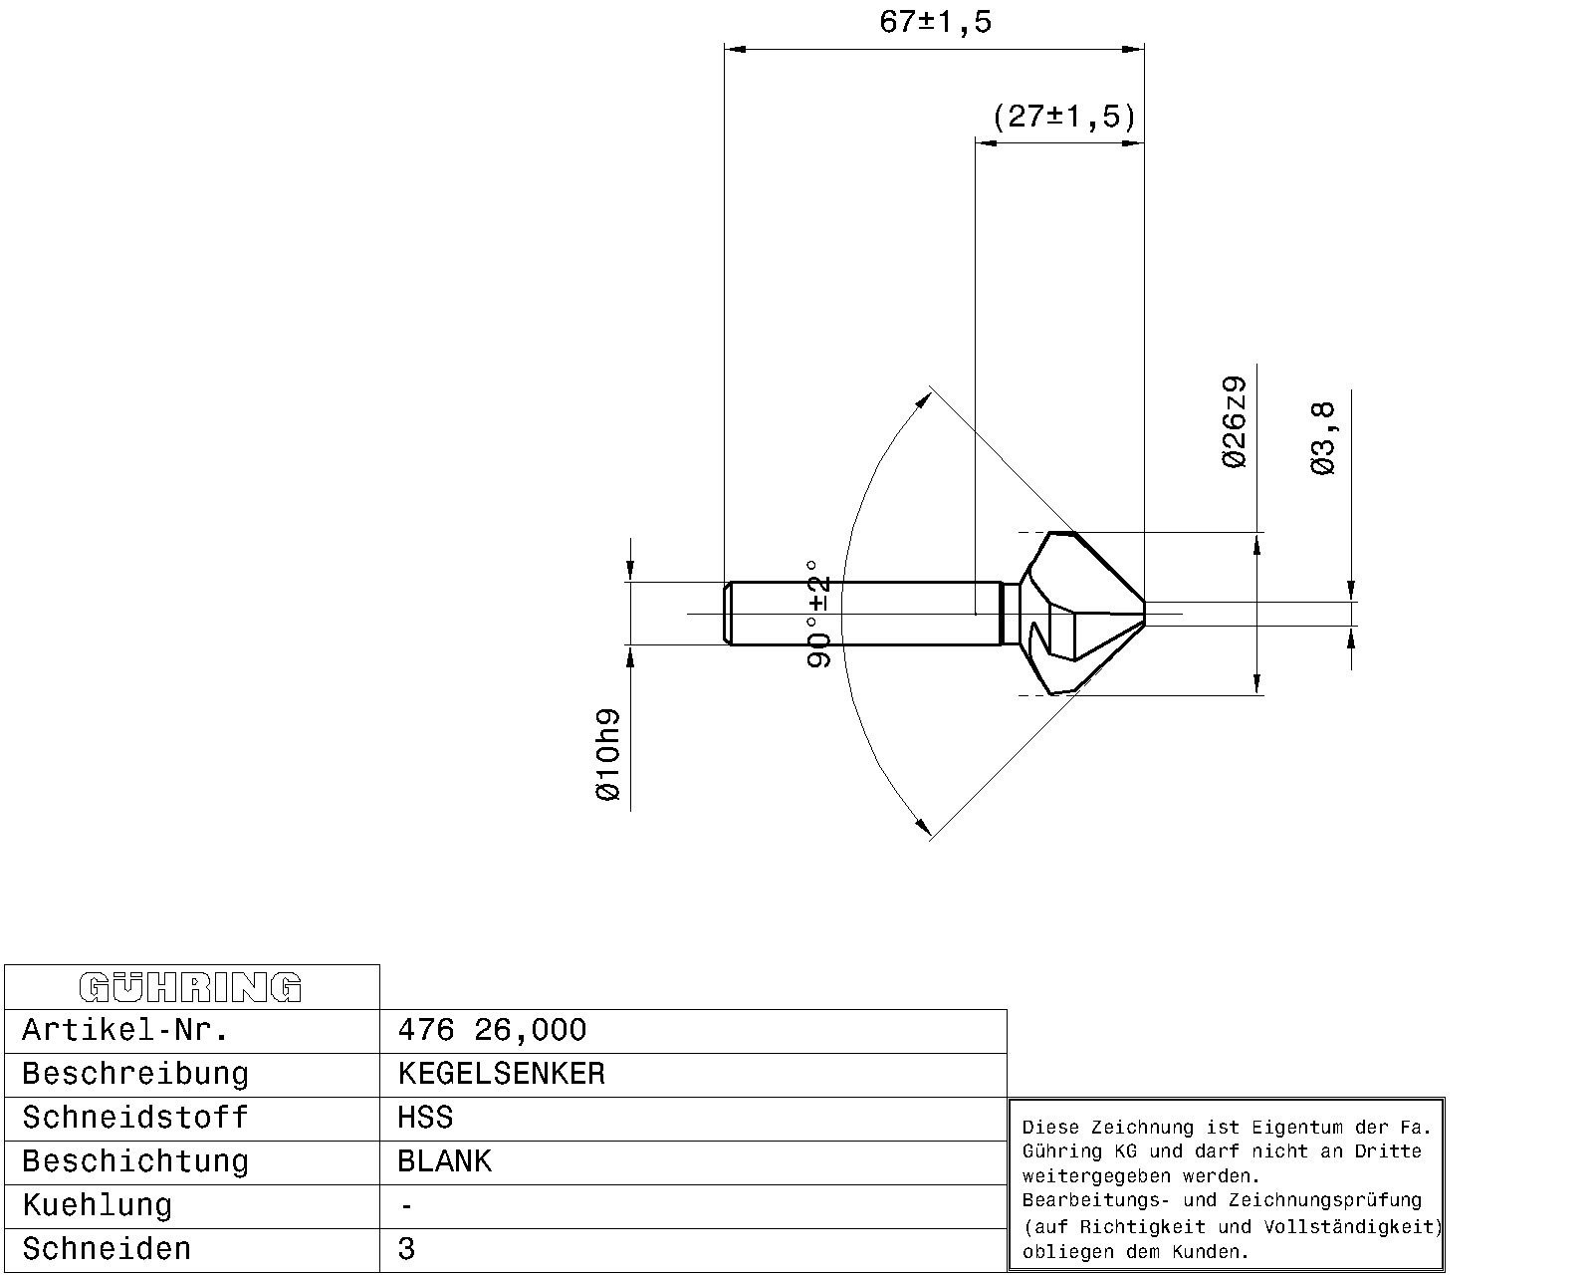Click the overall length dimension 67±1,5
click(x=935, y=22)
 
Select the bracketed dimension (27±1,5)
click(x=1063, y=118)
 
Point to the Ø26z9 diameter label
click(x=1234, y=423)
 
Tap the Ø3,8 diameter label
click(x=1323, y=438)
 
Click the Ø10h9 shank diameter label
click(x=607, y=755)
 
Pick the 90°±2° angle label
click(x=818, y=615)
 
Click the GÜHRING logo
click(x=190, y=987)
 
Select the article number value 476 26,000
click(x=492, y=1031)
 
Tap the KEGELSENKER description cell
click(x=501, y=1074)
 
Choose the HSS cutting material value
click(x=425, y=1118)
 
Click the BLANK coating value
click(x=444, y=1161)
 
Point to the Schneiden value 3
click(x=406, y=1249)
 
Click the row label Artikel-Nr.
click(x=125, y=1031)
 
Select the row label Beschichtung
click(x=135, y=1161)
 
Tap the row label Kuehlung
click(x=97, y=1205)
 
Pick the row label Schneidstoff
click(x=135, y=1118)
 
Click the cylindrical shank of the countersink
click(x=862, y=614)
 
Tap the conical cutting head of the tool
click(x=1081, y=614)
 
